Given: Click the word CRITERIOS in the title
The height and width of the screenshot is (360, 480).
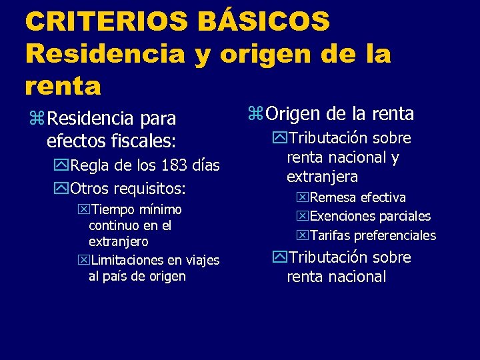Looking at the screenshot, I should pyautogui.click(x=106, y=21).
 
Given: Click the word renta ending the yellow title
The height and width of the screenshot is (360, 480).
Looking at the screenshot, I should pyautogui.click(x=63, y=85).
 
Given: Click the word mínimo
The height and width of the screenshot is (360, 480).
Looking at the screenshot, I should pyautogui.click(x=157, y=210).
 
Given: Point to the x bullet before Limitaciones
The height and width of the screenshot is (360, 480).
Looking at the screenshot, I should pyautogui.click(x=83, y=260).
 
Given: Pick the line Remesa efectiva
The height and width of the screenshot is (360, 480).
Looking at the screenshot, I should pyautogui.click(x=357, y=197).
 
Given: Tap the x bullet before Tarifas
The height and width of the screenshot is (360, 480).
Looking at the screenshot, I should pyautogui.click(x=303, y=235).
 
